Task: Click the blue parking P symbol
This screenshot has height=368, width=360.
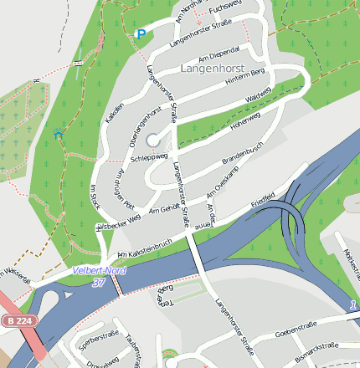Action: pos(141,34)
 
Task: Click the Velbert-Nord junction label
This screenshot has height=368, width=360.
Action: pos(99,271)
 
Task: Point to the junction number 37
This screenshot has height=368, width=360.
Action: pos(99,283)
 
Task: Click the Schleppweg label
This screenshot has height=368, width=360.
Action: pos(150,156)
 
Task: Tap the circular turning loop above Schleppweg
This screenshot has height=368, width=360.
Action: pos(152,141)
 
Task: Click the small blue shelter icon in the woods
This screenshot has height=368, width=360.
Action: pos(58,134)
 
